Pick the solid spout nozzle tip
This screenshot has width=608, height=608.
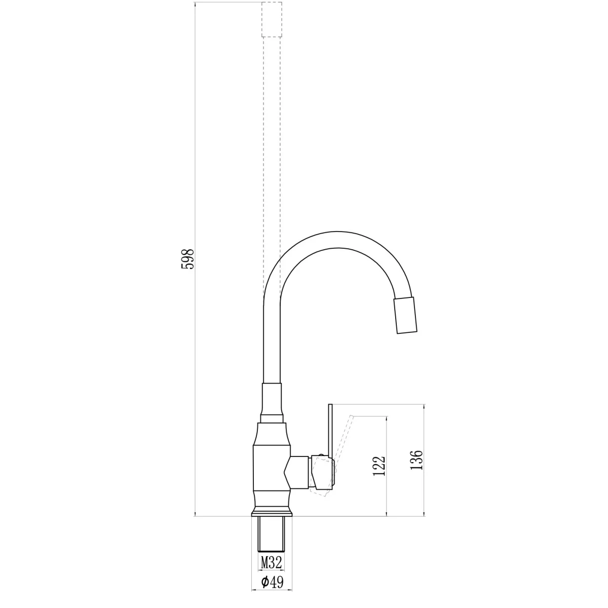click(x=405, y=315)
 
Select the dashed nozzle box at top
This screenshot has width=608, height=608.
click(x=272, y=20)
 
